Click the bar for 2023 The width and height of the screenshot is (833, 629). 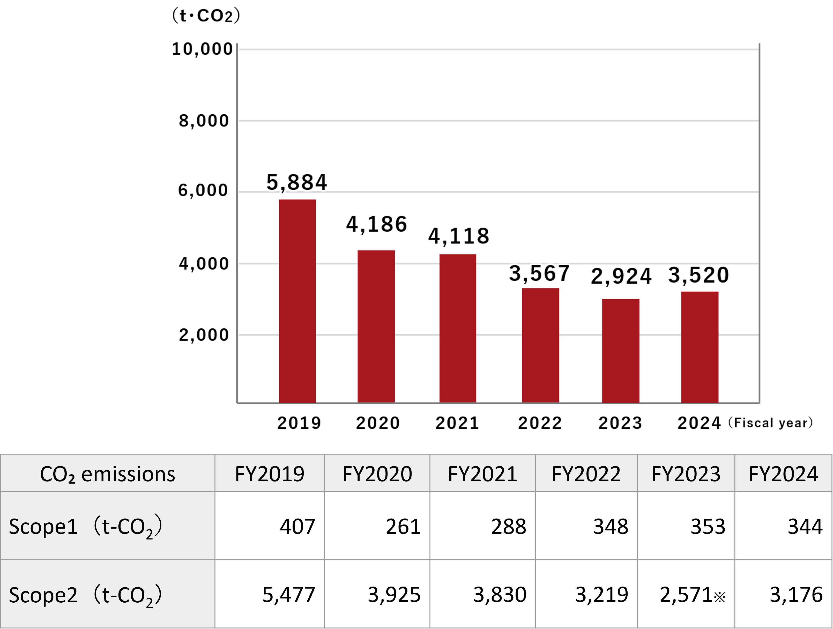click(x=621, y=351)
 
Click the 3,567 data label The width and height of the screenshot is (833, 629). click(x=539, y=273)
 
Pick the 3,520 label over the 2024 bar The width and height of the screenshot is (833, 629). click(x=698, y=275)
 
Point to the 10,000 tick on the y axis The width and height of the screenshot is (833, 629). click(x=202, y=49)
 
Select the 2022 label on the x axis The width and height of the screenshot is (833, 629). click(x=540, y=423)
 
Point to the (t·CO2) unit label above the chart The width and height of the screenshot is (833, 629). click(x=206, y=16)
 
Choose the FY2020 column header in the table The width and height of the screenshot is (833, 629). click(x=377, y=474)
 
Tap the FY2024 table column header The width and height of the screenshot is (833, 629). click(x=783, y=474)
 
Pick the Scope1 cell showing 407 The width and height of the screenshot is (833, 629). click(x=297, y=526)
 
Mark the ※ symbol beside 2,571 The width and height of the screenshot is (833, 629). click(x=719, y=597)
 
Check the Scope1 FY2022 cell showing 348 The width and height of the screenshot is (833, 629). click(x=611, y=526)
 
